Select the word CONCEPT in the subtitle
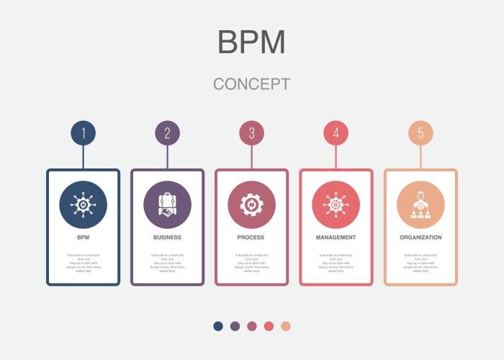coord(252,84)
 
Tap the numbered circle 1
coord(84,132)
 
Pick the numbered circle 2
coord(168,132)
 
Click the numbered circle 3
coord(252,132)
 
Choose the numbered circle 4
coord(336,132)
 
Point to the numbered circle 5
coord(420,132)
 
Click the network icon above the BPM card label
coord(84,204)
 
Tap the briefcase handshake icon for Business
coord(168,204)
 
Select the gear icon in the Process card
coord(252,204)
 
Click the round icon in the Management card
coord(336,204)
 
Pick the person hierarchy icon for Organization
coord(420,204)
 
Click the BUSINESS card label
coord(168,237)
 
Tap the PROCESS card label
coord(252,237)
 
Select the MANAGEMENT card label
coord(336,237)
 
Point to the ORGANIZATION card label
coord(420,237)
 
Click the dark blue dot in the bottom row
coord(218,326)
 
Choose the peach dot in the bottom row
coord(286,326)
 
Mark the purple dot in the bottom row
coord(235,326)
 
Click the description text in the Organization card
coord(420,263)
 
